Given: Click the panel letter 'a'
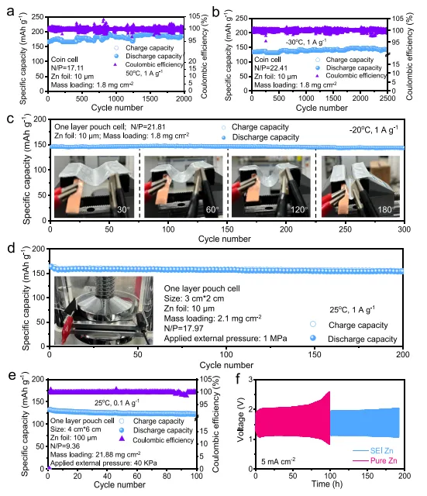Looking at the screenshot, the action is pyautogui.click(x=10, y=12).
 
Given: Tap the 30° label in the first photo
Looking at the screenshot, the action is pyautogui.click(x=124, y=210).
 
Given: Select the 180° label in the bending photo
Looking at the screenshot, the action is pyautogui.click(x=386, y=210).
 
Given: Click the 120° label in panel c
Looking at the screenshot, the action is pyautogui.click(x=299, y=210).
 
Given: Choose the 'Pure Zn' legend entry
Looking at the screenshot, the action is pyautogui.click(x=374, y=460).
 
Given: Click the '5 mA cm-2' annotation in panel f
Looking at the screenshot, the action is pyautogui.click(x=278, y=461).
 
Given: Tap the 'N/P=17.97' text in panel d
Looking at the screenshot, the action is pyautogui.click(x=184, y=329).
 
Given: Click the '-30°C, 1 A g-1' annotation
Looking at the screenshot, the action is pyautogui.click(x=306, y=42).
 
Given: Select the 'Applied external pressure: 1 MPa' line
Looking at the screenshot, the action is pyautogui.click(x=226, y=339).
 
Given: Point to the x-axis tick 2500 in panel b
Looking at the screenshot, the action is pyautogui.click(x=387, y=98).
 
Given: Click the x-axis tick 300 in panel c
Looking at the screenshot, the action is pyautogui.click(x=404, y=229).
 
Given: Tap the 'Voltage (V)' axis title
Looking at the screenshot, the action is pyautogui.click(x=241, y=419).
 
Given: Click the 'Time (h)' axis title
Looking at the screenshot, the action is pyautogui.click(x=327, y=484).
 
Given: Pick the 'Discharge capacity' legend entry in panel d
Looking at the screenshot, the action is pyautogui.click(x=353, y=339).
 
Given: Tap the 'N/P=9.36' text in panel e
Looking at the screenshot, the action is pyautogui.click(x=65, y=446).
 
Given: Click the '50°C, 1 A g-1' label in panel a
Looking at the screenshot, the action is pyautogui.click(x=144, y=73).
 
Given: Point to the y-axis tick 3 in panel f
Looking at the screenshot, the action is pyautogui.click(x=250, y=379).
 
